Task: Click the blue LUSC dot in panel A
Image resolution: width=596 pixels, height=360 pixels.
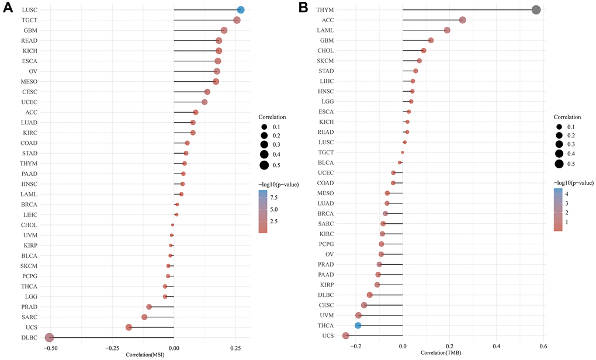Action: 241,10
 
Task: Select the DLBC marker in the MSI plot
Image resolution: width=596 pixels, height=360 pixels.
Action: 50,337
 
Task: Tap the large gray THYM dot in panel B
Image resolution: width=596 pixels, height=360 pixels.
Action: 536,10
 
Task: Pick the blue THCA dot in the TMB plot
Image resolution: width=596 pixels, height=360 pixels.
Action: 358,325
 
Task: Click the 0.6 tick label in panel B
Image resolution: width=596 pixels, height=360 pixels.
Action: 543,347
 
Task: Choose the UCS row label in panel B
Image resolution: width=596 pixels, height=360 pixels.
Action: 327,335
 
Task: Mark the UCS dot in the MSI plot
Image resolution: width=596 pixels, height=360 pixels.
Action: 129,327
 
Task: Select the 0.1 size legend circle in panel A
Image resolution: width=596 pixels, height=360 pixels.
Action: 264,127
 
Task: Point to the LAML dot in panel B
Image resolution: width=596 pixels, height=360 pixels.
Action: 447,30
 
